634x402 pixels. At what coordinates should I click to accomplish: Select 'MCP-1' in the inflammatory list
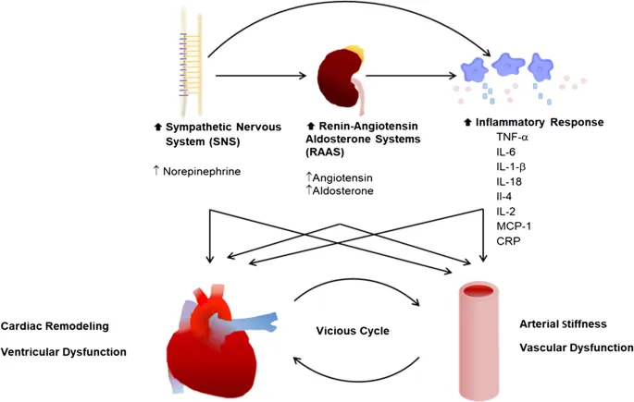tap(515, 225)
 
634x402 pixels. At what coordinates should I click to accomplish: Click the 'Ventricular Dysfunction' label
tap(64, 352)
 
